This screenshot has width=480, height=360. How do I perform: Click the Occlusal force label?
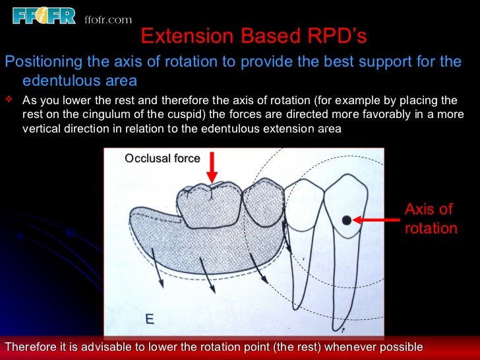(x=162, y=158)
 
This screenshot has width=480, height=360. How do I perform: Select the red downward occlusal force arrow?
(x=211, y=167)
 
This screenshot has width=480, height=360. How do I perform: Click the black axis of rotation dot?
(x=346, y=220)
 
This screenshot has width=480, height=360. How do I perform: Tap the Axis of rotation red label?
(x=430, y=219)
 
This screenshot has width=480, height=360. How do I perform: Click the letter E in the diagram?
(x=149, y=320)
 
